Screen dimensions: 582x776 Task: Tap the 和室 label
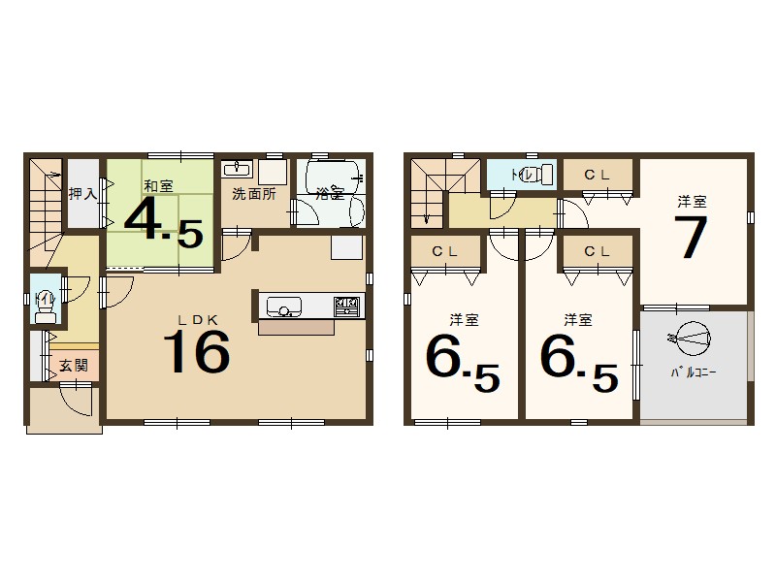pos(158,184)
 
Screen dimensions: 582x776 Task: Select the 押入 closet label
pos(81,194)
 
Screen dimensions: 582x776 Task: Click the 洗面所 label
pos(253,193)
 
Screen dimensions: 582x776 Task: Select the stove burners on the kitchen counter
pos(346,307)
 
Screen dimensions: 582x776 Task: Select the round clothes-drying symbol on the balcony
pos(693,338)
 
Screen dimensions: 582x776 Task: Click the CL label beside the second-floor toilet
pos(597,175)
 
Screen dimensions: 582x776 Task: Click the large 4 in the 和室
pos(143,222)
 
